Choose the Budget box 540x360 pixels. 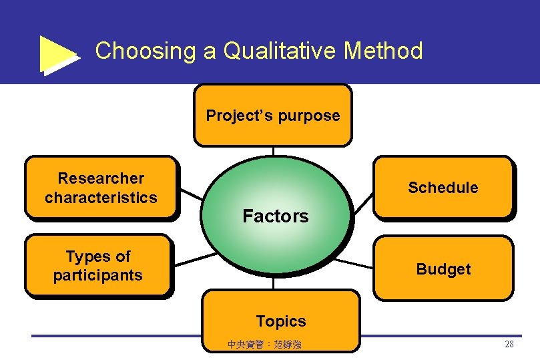coord(443,268)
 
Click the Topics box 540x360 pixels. coord(280,321)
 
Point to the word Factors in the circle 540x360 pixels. coord(276,216)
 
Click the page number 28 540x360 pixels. coord(509,345)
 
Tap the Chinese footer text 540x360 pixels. coord(264,345)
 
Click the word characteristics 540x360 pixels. coord(101,198)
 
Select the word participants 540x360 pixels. coord(98,275)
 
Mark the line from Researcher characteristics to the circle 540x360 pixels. coord(192,194)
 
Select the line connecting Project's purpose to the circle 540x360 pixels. coord(273,152)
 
